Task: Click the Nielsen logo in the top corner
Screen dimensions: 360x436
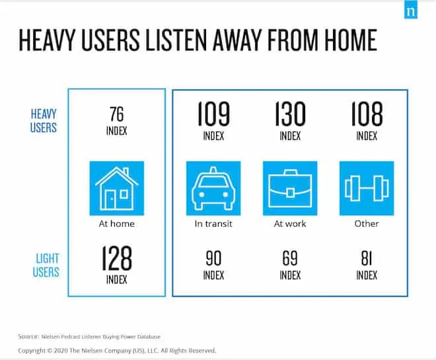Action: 410,11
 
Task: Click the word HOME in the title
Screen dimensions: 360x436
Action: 347,40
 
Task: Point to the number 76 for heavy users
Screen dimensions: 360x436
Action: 116,114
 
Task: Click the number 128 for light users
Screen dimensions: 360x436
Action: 116,259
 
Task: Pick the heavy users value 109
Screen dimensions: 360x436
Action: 213,114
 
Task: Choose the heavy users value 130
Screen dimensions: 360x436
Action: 290,114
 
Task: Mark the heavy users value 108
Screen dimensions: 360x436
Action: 367,114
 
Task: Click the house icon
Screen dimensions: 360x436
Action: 116,188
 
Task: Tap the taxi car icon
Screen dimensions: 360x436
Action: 213,188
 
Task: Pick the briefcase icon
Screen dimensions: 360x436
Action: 290,188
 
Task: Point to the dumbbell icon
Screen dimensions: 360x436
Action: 367,188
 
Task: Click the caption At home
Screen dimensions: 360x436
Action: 116,224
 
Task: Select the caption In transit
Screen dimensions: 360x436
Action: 213,224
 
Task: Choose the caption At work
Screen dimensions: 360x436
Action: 290,224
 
